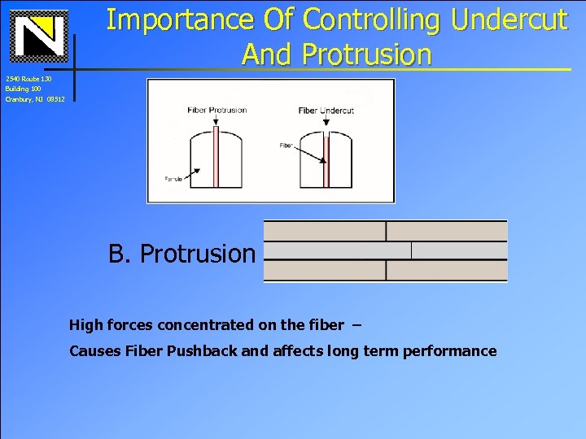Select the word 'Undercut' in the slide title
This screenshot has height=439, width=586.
[x=509, y=19]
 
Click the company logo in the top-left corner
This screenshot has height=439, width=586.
[x=37, y=37]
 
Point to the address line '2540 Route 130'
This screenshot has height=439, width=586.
[x=28, y=79]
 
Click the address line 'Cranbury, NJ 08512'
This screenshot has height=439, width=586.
[x=34, y=98]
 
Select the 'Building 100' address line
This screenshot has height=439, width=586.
[x=24, y=89]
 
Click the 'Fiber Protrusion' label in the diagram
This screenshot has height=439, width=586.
[x=216, y=110]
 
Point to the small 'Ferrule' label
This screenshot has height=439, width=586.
[x=172, y=179]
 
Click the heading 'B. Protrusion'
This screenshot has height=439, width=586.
[x=181, y=254]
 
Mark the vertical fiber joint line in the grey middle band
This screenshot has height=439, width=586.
[x=412, y=251]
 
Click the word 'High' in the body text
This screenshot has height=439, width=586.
[x=86, y=325]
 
